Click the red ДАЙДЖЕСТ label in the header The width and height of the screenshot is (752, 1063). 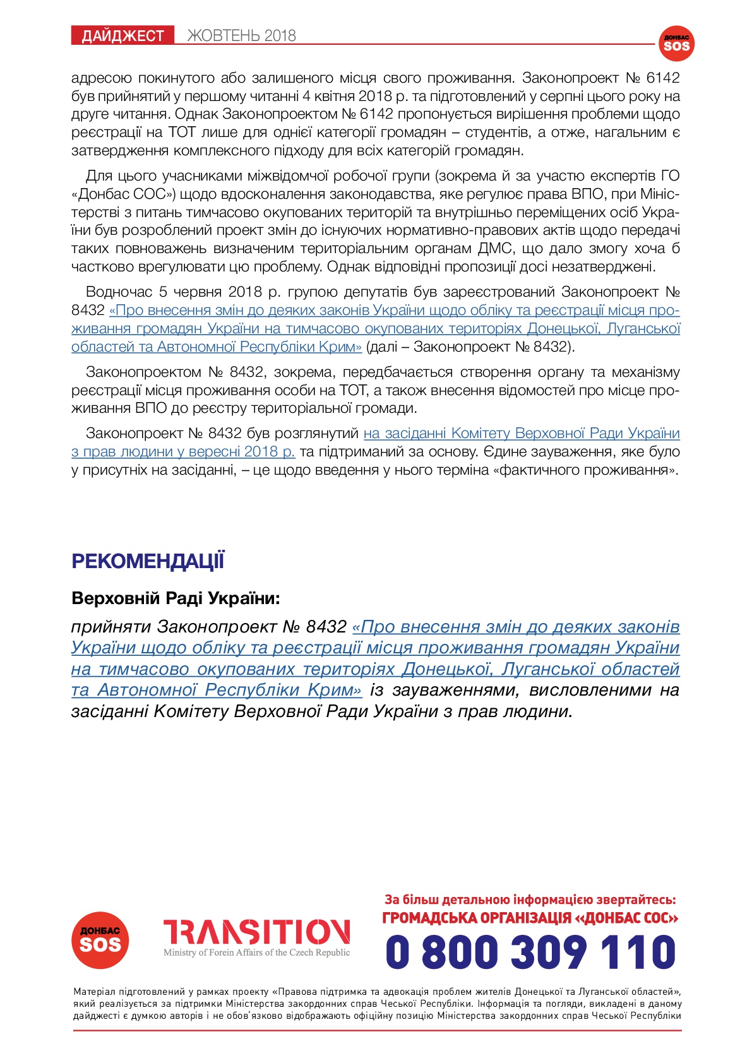click(122, 36)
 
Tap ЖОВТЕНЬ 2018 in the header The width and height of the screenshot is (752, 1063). click(241, 36)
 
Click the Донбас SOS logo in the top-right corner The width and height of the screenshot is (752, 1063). click(676, 44)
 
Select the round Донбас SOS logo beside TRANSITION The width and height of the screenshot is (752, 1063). click(100, 940)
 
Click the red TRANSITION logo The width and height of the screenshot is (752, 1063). click(256, 932)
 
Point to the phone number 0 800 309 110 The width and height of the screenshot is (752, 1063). click(530, 952)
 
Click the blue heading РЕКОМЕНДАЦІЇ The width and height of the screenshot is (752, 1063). click(148, 561)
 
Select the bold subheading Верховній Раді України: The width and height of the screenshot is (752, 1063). click(176, 598)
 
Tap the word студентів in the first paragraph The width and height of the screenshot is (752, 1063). click(497, 133)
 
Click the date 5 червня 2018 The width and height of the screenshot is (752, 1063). click(219, 292)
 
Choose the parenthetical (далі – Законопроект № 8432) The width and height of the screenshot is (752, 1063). click(470, 347)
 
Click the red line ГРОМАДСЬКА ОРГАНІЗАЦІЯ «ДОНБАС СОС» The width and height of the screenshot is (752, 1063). click(530, 918)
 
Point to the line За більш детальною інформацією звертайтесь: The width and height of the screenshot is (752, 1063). click(530, 900)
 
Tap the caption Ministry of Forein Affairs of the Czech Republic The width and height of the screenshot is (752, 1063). click(256, 953)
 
